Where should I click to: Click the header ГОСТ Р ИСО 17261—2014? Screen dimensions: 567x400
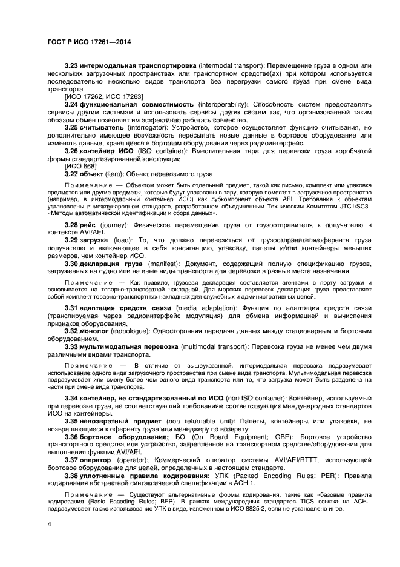pos(89,42)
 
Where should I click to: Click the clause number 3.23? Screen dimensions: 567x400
pos(73,65)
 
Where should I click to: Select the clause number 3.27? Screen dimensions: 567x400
pos(73,174)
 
